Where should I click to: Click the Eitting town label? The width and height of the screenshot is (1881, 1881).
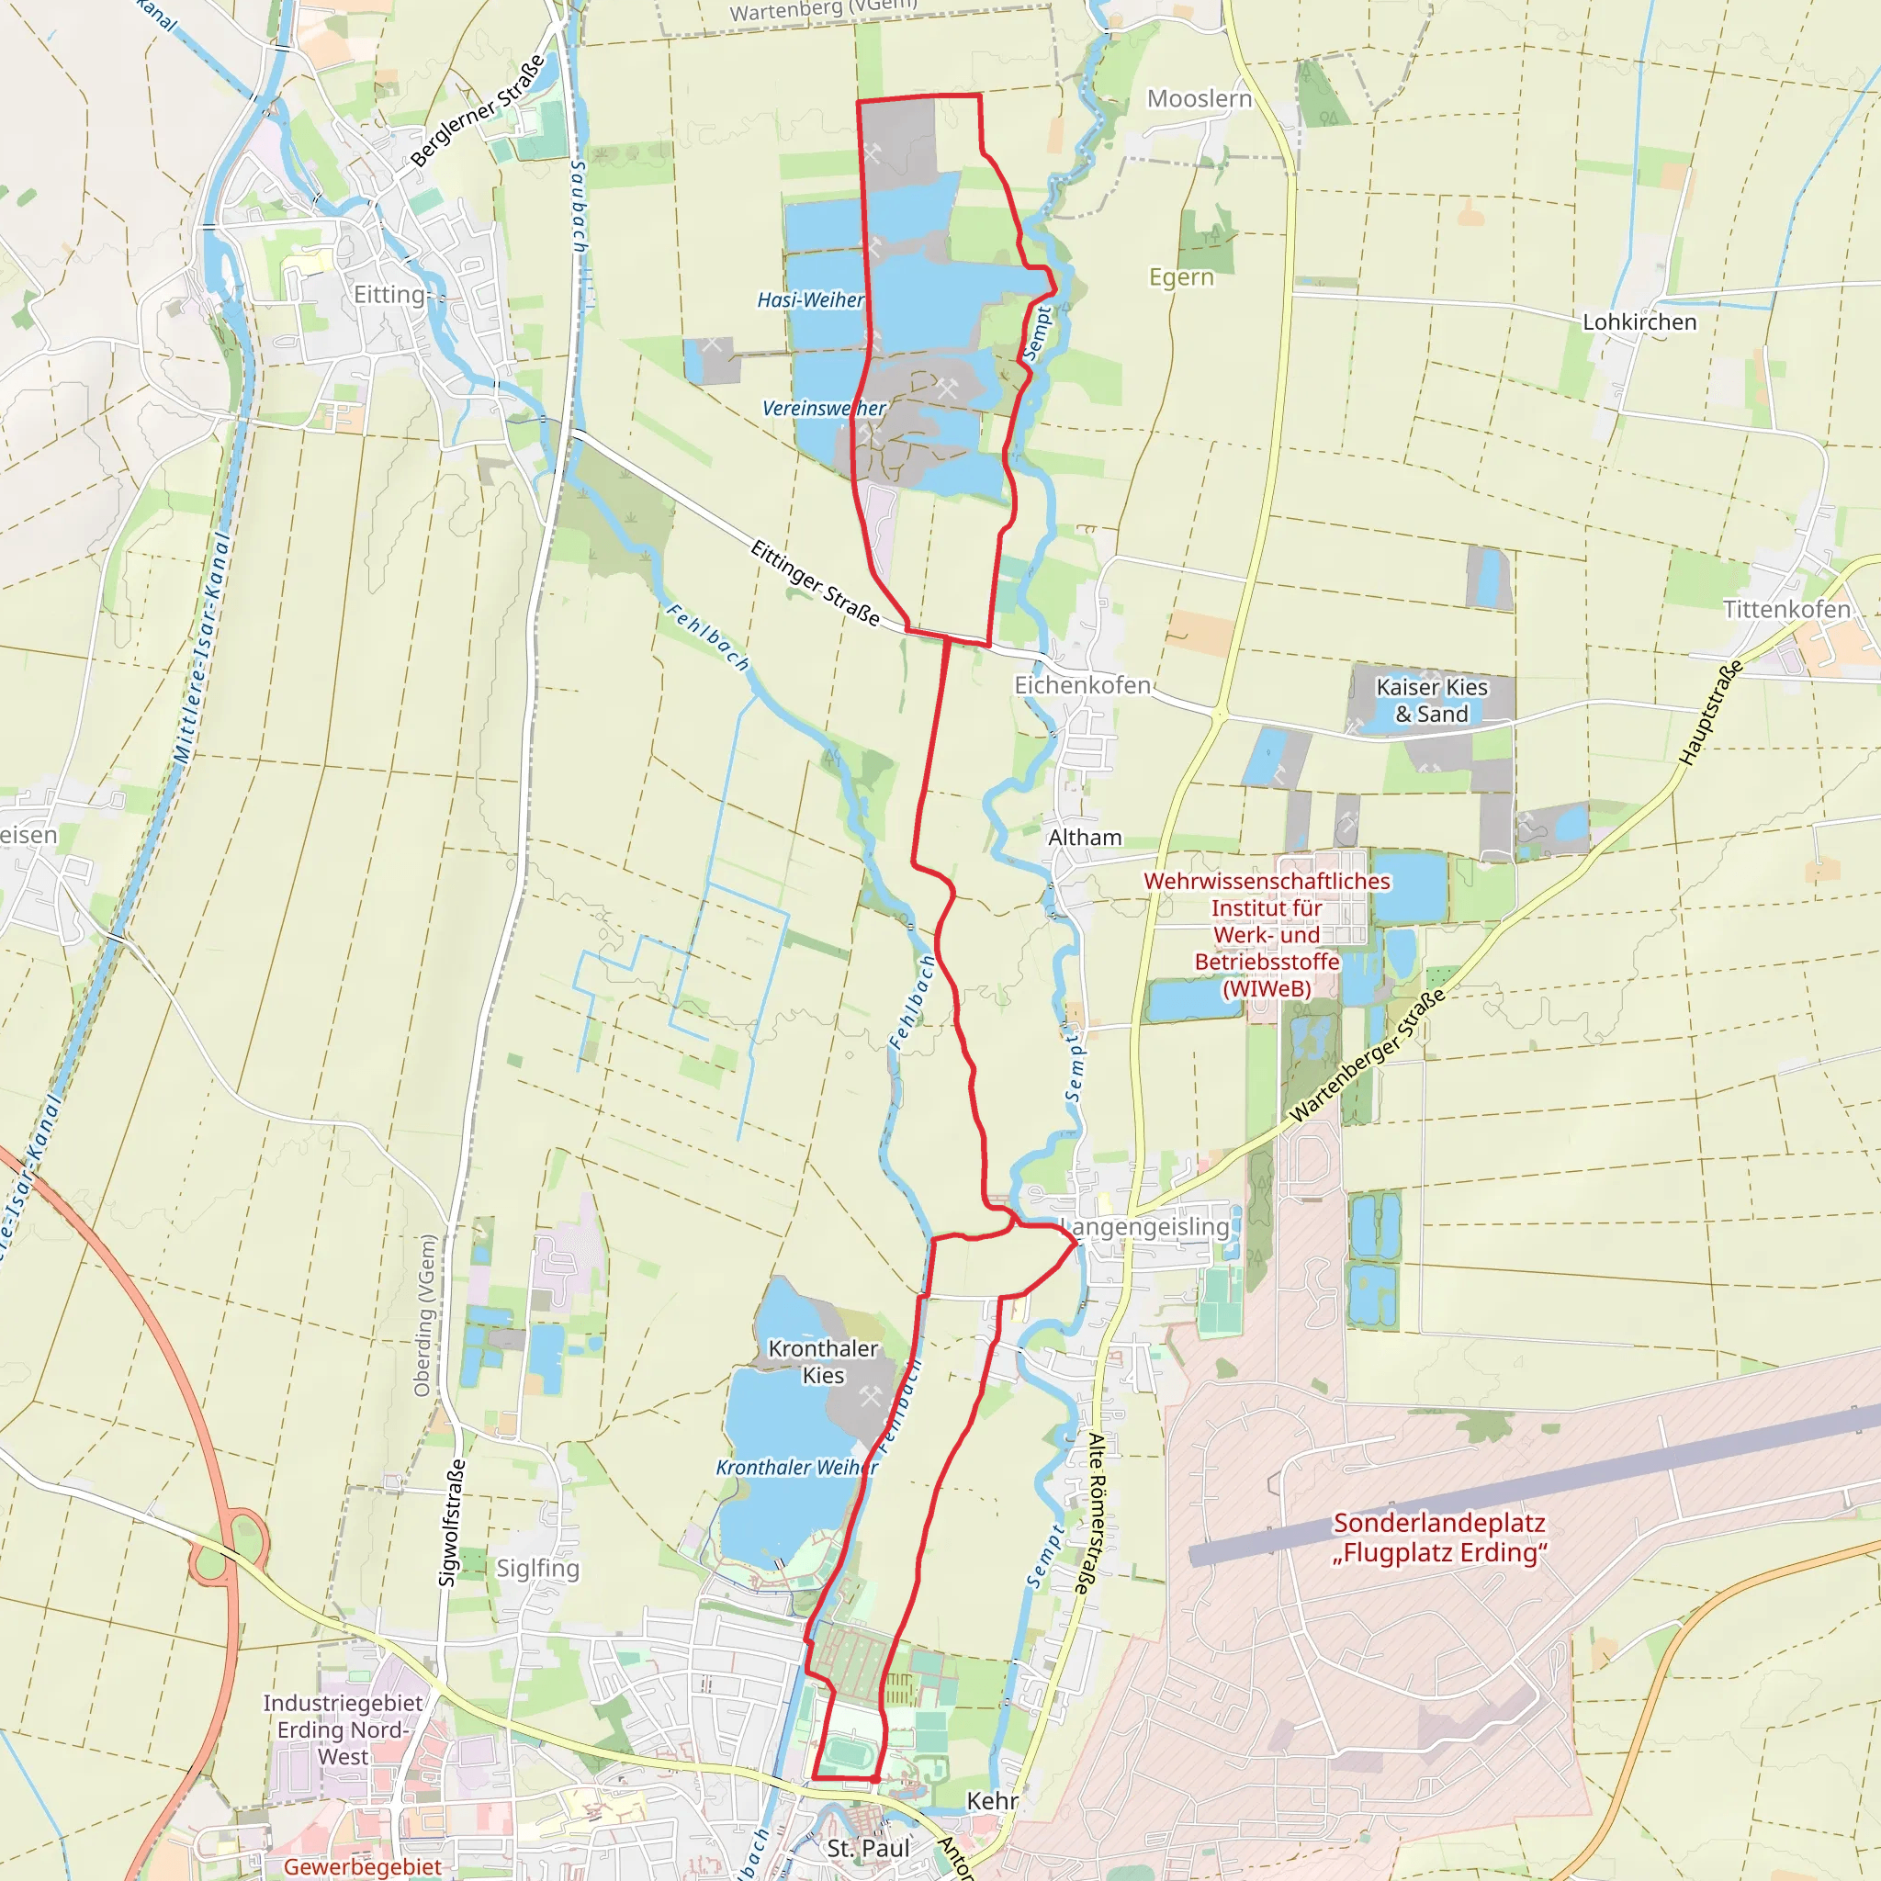[x=389, y=294]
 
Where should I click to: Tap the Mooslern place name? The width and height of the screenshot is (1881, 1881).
[x=1199, y=98]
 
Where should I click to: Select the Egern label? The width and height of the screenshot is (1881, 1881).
[x=1181, y=277]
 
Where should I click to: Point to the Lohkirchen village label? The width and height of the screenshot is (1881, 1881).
[x=1639, y=322]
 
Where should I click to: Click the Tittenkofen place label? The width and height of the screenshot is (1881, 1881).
[x=1786, y=610]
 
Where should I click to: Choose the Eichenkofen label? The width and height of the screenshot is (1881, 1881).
[x=1082, y=685]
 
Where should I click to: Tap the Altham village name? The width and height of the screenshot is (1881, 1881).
[x=1085, y=838]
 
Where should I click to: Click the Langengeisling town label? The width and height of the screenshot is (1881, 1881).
[x=1149, y=1227]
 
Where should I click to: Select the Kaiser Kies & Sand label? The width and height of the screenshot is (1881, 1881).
[x=1431, y=700]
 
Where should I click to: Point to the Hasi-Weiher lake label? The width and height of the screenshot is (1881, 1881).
[x=810, y=299]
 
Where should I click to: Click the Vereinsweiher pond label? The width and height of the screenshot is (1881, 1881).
[x=824, y=408]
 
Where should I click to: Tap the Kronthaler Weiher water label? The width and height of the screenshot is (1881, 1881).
[x=796, y=1467]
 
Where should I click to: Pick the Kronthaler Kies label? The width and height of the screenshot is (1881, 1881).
[x=823, y=1361]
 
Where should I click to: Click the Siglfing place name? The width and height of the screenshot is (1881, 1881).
[x=537, y=1568]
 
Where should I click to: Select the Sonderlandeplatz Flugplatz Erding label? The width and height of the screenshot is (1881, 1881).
[x=1439, y=1537]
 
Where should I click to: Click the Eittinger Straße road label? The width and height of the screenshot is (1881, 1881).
[x=815, y=583]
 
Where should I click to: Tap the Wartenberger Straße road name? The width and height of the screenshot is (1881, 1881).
[x=1367, y=1056]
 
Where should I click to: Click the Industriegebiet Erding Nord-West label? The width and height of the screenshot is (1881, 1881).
[x=343, y=1729]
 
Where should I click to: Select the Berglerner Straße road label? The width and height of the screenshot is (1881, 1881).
[x=477, y=111]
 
